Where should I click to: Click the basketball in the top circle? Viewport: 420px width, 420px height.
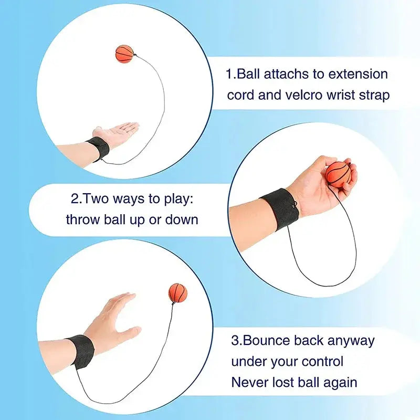point(124,54)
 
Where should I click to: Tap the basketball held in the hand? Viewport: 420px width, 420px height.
point(338,174)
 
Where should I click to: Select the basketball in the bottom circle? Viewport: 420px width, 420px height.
point(178,293)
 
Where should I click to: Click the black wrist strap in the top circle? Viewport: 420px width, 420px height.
point(98,149)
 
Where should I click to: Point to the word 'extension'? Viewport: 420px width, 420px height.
point(358,74)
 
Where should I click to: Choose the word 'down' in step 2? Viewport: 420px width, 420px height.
point(182,219)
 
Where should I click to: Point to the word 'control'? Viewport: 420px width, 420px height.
point(322,361)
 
